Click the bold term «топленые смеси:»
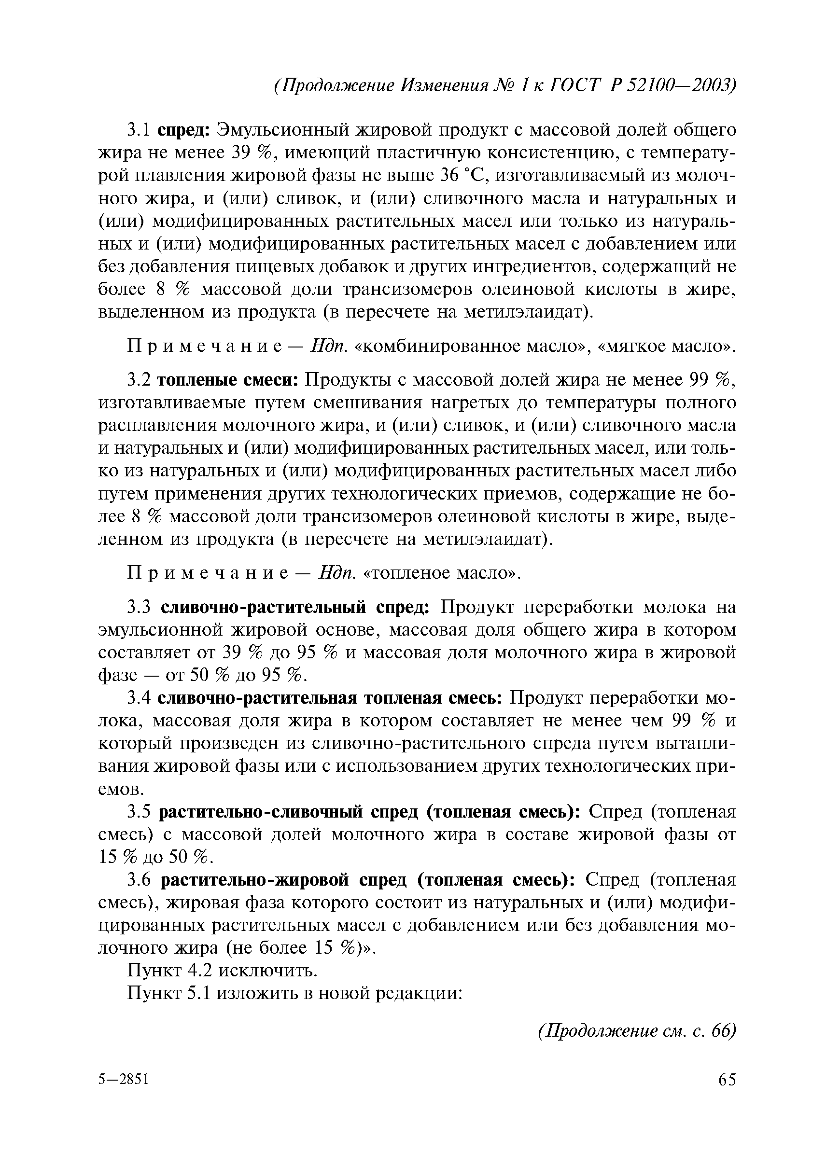tap(230, 380)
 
